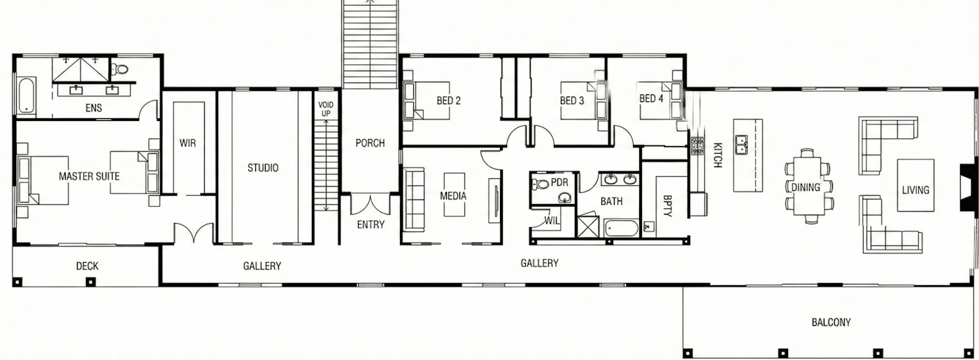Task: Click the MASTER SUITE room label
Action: click(90, 176)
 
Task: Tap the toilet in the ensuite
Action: click(120, 69)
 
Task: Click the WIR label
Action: click(187, 143)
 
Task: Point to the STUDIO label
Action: click(263, 168)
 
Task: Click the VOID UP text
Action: click(326, 109)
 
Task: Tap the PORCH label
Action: click(370, 143)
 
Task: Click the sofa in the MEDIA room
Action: click(414, 199)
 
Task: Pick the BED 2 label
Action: click(448, 101)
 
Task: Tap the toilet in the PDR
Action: click(541, 184)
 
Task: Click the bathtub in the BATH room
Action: click(622, 228)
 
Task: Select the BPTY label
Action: click(667, 206)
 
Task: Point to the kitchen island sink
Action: click(741, 145)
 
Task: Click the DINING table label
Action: click(806, 187)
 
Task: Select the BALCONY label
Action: click(831, 322)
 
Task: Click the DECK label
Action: click(87, 266)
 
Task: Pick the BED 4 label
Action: click(651, 99)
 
